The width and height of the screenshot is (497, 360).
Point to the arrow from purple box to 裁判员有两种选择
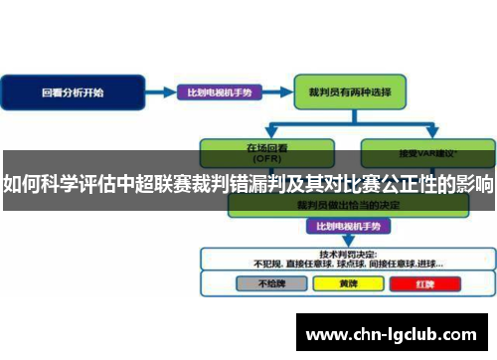click(x=277, y=92)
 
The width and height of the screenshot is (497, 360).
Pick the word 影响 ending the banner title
click(x=475, y=185)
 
